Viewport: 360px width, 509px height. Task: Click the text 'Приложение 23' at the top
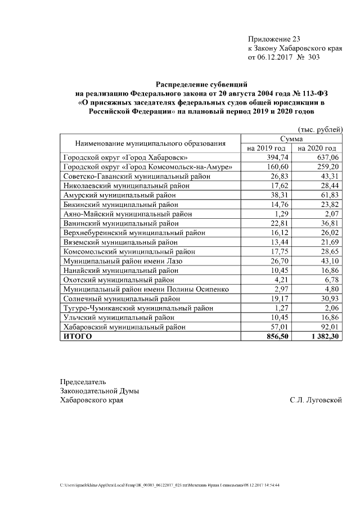[x=274, y=39]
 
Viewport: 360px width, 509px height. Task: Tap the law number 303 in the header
[x=313, y=57]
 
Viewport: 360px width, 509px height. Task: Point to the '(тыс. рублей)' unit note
[x=319, y=129]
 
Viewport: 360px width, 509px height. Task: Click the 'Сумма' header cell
[x=291, y=138]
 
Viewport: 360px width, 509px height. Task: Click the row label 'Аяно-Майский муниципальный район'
[x=128, y=214]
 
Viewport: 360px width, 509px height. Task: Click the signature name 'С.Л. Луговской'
[x=316, y=400]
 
